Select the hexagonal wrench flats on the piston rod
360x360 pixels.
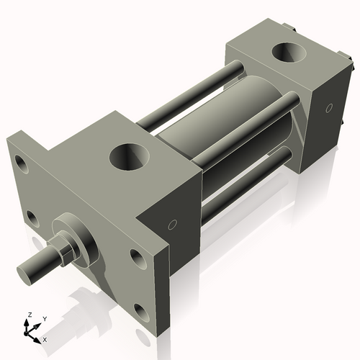(66, 251)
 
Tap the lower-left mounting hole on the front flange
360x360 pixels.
(32, 217)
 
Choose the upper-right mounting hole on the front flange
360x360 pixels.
(138, 257)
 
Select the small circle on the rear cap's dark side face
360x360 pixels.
(328, 109)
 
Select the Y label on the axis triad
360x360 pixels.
(44, 318)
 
